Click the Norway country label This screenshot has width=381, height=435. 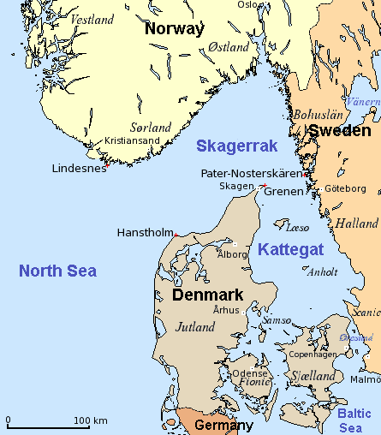tap(175, 29)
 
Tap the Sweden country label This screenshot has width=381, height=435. tap(340, 131)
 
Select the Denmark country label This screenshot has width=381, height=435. tap(208, 295)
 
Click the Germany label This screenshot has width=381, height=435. tap(224, 426)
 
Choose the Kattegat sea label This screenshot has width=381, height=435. tap(289, 250)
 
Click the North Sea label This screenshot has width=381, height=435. tap(57, 271)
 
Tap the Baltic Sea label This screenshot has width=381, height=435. tap(354, 420)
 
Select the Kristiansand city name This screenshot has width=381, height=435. tap(132, 140)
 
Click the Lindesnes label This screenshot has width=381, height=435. tap(79, 169)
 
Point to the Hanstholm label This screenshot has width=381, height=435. tap(144, 232)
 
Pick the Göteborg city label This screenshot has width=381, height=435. tap(346, 188)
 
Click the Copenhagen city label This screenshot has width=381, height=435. tap(313, 354)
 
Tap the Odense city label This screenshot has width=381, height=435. tap(250, 372)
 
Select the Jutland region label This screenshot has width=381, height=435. tap(195, 327)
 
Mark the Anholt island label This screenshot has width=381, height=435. tap(322, 273)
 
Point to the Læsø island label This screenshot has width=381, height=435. tap(296, 228)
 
